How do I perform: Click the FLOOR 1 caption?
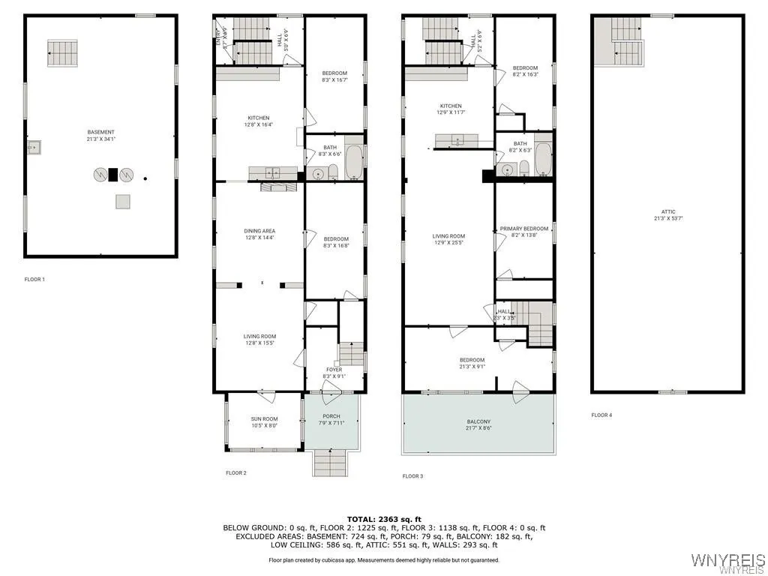(34, 280)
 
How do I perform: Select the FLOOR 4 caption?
(601, 415)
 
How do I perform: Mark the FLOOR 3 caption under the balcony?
(412, 476)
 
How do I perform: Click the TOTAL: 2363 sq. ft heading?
(383, 519)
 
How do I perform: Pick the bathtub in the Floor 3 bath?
(542, 158)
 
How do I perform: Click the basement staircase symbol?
(63, 53)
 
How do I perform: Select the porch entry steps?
(330, 460)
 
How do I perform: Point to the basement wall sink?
(34, 148)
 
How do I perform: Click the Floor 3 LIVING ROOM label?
(448, 239)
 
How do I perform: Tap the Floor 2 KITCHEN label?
(259, 121)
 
